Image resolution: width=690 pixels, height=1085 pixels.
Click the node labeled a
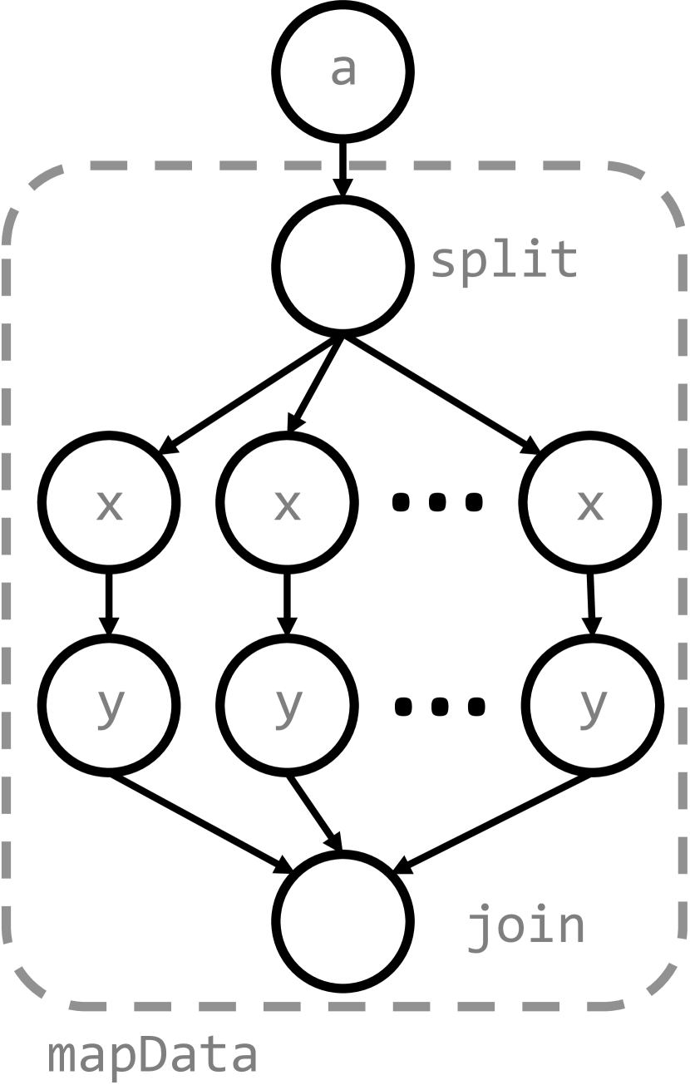343,72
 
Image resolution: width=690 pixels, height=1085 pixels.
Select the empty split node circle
343,266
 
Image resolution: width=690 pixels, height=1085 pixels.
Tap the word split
504,260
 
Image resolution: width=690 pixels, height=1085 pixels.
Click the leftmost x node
109,503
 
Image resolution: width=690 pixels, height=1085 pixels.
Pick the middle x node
287,503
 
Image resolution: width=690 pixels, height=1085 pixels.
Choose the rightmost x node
590,503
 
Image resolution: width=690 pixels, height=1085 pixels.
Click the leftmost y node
109,705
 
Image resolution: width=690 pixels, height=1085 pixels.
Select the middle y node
287,705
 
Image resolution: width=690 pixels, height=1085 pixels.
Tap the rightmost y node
592,705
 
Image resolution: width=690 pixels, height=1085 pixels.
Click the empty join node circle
343,921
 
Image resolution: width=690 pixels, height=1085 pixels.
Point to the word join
525,925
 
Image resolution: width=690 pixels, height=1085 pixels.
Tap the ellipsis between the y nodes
438,706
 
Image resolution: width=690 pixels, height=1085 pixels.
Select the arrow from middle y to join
313,812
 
